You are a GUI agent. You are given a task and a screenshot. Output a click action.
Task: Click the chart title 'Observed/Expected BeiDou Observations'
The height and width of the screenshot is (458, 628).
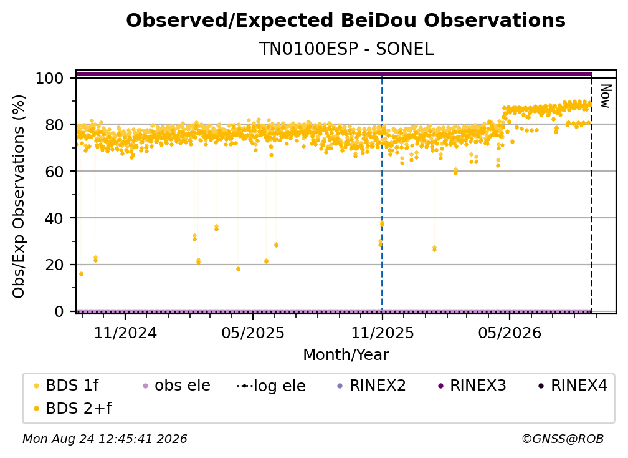(346, 21)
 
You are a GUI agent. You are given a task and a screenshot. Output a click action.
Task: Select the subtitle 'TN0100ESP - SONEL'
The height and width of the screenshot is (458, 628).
(346, 49)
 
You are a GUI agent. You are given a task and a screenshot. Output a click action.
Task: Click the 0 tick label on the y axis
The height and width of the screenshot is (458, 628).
(59, 311)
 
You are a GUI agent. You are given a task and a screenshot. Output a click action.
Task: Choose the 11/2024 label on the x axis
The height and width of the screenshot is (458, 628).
(125, 333)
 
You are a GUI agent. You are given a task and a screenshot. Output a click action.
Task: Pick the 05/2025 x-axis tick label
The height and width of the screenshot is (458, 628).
(253, 333)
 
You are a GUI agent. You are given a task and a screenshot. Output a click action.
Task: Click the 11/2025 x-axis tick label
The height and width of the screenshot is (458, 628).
(382, 333)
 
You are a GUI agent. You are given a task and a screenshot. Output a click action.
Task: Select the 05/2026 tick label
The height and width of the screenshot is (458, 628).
(510, 333)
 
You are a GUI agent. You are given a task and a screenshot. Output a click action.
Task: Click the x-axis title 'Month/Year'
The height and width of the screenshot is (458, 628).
(346, 355)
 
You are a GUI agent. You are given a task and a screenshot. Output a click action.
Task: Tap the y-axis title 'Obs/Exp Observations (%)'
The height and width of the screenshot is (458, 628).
(19, 197)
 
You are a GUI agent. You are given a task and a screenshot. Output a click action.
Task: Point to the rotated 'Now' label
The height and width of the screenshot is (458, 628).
(605, 96)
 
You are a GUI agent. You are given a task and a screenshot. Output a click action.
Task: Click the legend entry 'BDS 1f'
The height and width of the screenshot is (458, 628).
(66, 386)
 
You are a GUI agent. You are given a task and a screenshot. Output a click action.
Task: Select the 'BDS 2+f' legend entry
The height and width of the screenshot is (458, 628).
(72, 409)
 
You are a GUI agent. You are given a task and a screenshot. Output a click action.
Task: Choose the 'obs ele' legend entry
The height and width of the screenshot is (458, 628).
(174, 386)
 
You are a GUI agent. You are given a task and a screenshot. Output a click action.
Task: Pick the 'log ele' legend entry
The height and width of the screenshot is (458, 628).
(271, 386)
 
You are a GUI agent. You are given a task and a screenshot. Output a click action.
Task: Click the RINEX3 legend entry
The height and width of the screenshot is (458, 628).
(472, 386)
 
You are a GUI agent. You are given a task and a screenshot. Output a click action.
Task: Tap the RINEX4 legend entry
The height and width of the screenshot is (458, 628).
(573, 386)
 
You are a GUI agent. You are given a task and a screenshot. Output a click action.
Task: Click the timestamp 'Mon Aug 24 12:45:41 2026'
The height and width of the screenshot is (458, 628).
(105, 439)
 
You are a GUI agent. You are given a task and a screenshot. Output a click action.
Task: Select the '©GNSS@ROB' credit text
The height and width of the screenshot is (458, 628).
(563, 439)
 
